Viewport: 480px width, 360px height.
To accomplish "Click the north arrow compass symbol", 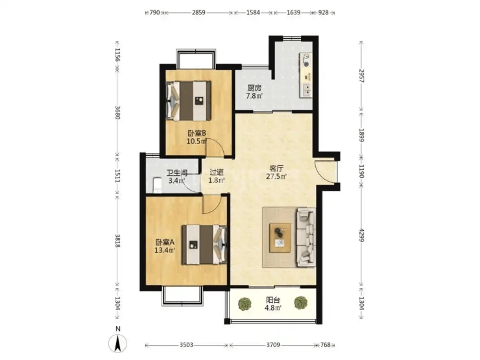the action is click(x=117, y=343).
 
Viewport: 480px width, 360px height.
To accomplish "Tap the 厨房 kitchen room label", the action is click(x=254, y=88).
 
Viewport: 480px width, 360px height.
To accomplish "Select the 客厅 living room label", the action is click(x=276, y=169).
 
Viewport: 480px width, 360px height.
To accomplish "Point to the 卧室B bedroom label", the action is click(x=197, y=133).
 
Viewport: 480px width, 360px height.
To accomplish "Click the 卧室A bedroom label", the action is click(x=165, y=242).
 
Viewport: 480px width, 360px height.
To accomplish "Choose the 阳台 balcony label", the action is click(x=272, y=300).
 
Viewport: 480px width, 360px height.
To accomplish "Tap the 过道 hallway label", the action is click(x=217, y=172).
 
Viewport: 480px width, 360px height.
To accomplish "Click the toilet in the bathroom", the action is click(x=157, y=186).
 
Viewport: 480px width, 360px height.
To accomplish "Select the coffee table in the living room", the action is click(x=280, y=238).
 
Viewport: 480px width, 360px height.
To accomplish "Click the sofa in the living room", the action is click(x=306, y=237).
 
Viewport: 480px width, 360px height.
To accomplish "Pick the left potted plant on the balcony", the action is click(x=245, y=304).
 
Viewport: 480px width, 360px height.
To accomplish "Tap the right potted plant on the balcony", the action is click(x=301, y=303).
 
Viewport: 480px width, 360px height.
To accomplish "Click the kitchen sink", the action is click(x=306, y=90).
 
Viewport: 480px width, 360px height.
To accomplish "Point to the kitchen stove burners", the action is click(x=306, y=60).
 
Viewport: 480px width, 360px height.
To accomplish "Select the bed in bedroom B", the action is click(x=189, y=101).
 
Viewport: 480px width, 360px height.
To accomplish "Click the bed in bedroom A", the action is click(x=204, y=245).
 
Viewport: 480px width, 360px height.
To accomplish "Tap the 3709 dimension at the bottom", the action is click(x=273, y=345).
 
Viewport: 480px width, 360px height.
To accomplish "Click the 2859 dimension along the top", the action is click(x=198, y=12).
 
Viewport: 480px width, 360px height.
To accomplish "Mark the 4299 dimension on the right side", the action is click(x=361, y=235).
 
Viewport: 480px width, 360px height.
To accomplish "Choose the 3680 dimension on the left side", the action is click(x=117, y=112).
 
